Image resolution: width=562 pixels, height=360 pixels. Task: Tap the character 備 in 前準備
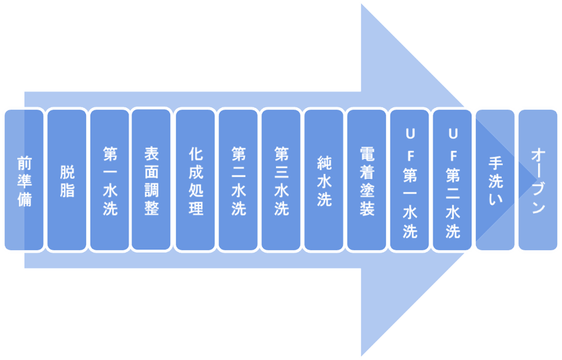point(24,199)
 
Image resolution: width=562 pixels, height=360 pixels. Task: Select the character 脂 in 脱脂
point(67,190)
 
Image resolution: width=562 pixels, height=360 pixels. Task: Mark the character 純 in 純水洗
point(324,161)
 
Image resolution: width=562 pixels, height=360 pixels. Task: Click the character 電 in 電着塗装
point(367,152)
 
